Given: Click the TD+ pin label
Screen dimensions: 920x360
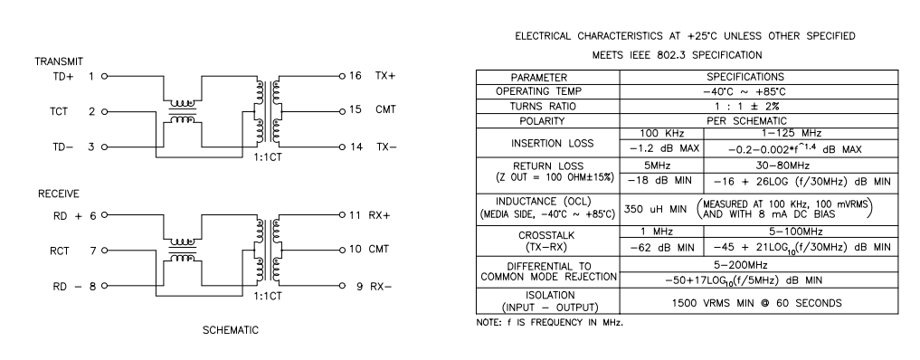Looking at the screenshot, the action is coord(62,76).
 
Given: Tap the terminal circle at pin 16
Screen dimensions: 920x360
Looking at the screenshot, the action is coord(342,76).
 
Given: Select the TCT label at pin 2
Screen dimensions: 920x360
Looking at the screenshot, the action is coord(59,111).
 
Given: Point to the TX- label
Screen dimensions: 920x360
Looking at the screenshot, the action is coord(386,147).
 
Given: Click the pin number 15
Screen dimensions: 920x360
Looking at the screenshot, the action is coord(355,109).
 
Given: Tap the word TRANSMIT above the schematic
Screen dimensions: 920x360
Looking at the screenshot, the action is coord(59,62).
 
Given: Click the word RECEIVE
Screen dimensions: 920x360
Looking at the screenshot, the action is coord(59,194).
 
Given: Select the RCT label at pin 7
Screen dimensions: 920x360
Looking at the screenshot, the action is coord(60,251).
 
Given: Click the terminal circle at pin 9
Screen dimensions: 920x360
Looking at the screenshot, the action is coord(342,286).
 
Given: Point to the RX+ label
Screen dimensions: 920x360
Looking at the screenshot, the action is coord(380,215).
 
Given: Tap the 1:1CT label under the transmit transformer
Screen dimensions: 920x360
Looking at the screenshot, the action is coord(268,157).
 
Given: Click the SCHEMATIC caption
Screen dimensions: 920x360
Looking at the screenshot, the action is coord(231,330).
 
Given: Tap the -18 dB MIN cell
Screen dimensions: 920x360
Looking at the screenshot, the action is coord(659,181).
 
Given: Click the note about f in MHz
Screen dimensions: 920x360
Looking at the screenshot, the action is coord(549,323).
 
